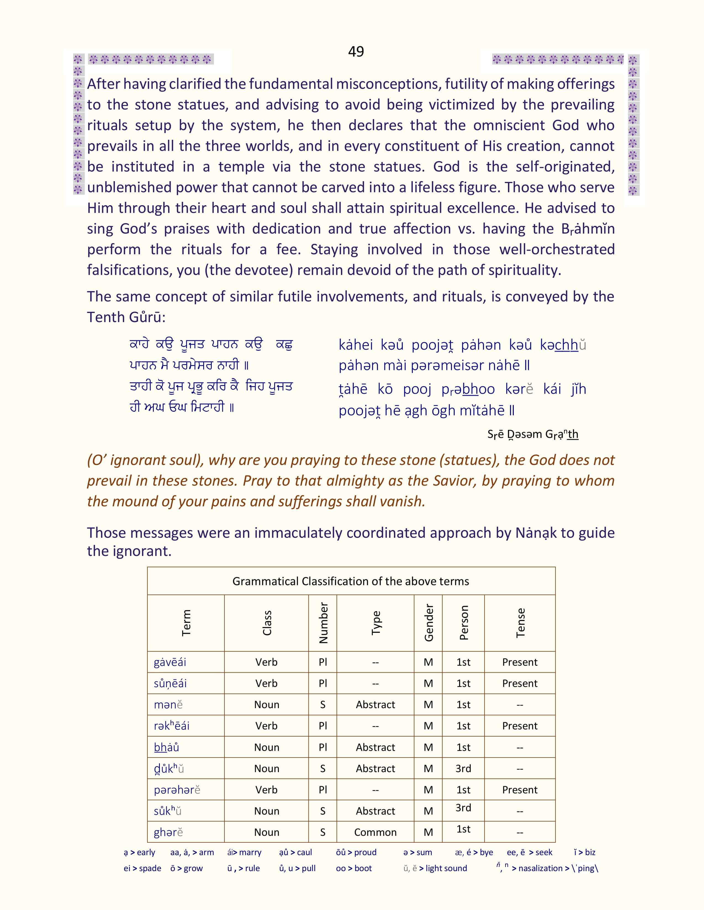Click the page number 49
tap(356, 51)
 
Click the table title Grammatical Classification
tap(350, 581)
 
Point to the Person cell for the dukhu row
tap(463, 768)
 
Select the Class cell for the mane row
tap(266, 705)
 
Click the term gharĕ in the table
tap(168, 832)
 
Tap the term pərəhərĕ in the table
tap(177, 789)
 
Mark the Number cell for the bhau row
tap(322, 747)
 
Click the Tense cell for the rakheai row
tap(520, 726)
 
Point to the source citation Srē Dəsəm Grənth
tap(533, 434)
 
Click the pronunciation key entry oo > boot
tap(354, 868)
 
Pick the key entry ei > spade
tap(142, 868)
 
